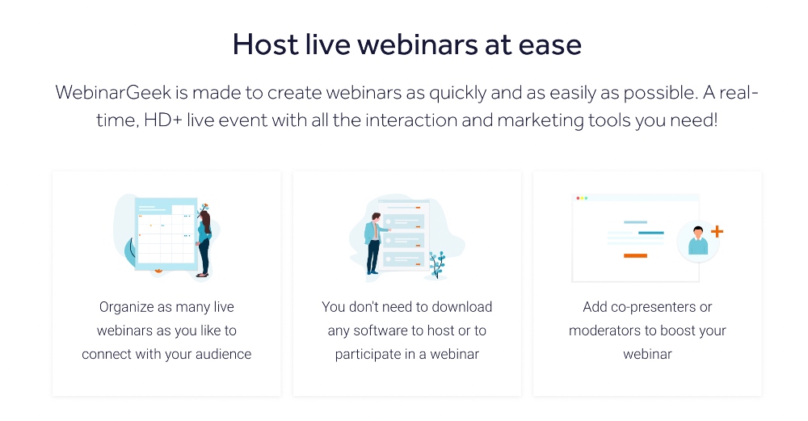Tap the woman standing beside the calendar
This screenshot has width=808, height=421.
[x=204, y=241]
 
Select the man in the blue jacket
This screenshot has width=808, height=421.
[x=372, y=241]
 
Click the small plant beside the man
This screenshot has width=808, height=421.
[x=437, y=264]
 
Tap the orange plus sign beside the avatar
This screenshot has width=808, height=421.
[x=716, y=232]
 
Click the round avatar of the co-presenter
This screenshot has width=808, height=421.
[x=697, y=240]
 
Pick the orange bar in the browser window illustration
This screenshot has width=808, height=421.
[x=635, y=256]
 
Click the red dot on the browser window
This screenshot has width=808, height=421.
[x=575, y=198]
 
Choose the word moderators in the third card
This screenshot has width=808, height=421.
[x=604, y=330]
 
